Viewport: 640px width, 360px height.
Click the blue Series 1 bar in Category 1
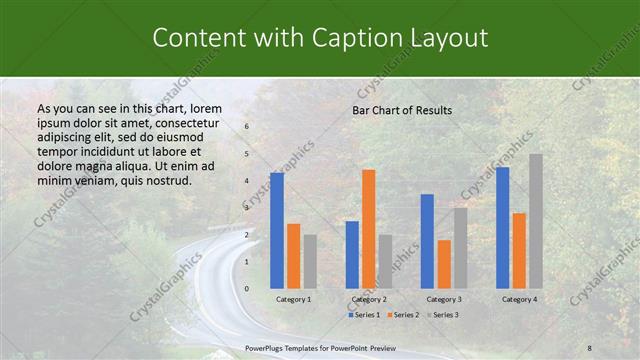pyautogui.click(x=277, y=230)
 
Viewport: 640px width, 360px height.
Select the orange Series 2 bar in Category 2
pyautogui.click(x=369, y=228)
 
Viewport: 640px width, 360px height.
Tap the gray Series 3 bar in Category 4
pyautogui.click(x=536, y=220)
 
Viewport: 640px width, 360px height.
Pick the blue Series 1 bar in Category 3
pyautogui.click(x=427, y=240)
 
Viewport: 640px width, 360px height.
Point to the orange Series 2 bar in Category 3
pyautogui.click(x=444, y=263)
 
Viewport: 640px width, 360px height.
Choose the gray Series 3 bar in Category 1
pyautogui.click(x=310, y=261)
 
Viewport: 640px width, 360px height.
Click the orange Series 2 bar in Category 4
pyautogui.click(x=519, y=250)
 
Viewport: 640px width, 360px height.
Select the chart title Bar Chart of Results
pyautogui.click(x=402, y=110)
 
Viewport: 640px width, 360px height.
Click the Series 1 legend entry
pyautogui.click(x=365, y=315)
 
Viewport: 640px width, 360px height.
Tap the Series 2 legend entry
pyautogui.click(x=402, y=315)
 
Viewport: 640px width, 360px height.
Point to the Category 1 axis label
pyautogui.click(x=293, y=299)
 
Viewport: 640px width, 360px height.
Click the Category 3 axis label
pyautogui.click(x=444, y=299)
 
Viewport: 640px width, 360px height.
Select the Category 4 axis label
pyautogui.click(x=519, y=299)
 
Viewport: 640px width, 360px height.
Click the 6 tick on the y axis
pyautogui.click(x=247, y=127)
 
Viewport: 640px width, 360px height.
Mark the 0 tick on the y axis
pyautogui.click(x=247, y=289)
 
